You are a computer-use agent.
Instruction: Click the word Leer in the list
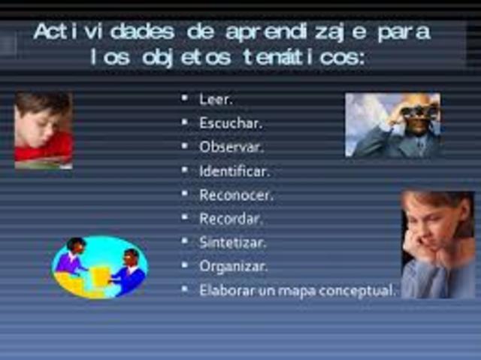(216, 99)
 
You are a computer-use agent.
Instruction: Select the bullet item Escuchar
(230, 123)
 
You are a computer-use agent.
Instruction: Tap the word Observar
(230, 147)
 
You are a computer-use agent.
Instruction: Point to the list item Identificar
(234, 171)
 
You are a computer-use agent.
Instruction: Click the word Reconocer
(235, 195)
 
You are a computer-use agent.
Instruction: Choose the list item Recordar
(231, 219)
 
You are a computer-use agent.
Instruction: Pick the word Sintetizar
(232, 243)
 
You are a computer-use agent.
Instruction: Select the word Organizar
(233, 267)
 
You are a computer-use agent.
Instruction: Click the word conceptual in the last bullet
(356, 291)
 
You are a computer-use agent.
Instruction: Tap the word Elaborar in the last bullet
(222, 290)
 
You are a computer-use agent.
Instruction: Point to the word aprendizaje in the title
(300, 34)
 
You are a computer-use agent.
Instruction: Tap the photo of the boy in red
(44, 129)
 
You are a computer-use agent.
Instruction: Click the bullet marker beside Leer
(185, 98)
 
